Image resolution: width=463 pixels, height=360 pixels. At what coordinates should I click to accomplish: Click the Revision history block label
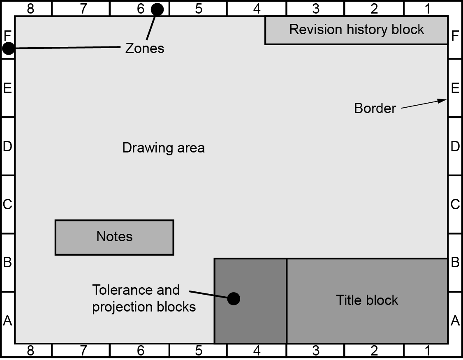(357, 30)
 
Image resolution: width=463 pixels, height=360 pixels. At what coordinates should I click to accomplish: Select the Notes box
(114, 237)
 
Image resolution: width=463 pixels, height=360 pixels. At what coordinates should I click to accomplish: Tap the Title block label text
(367, 300)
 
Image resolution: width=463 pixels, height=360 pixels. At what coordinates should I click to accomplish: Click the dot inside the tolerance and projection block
(234, 299)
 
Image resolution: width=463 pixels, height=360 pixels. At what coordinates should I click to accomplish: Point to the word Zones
(144, 48)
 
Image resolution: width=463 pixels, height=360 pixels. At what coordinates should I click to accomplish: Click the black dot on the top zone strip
(157, 9)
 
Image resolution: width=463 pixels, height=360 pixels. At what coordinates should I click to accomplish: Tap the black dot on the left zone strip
(8, 48)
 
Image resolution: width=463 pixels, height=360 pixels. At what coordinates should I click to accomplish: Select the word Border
(375, 108)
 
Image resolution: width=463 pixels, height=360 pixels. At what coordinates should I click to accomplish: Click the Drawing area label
(163, 148)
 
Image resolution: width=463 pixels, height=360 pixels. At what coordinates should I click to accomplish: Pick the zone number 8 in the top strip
(30, 9)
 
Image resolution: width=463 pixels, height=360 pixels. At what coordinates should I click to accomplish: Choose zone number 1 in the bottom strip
(428, 351)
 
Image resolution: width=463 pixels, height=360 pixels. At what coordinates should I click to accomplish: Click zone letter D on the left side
(7, 146)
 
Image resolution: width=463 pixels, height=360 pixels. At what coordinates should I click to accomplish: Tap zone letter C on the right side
(455, 204)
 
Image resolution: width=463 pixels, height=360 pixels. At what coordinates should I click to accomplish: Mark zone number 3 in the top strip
(316, 9)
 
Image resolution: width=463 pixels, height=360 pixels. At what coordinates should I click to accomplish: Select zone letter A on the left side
(7, 320)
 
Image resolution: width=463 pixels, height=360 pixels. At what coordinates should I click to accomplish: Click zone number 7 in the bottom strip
(83, 351)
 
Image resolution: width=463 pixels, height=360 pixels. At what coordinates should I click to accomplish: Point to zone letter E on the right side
(455, 88)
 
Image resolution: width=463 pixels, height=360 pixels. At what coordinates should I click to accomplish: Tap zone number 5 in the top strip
(199, 9)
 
